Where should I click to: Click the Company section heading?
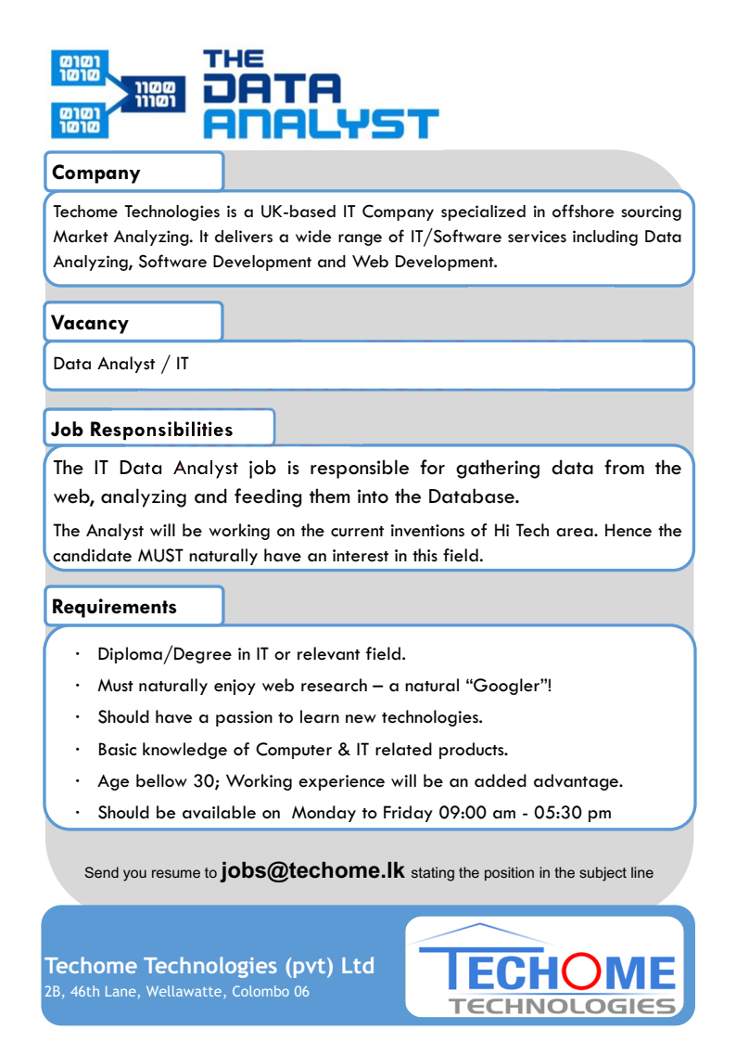pyautogui.click(x=96, y=173)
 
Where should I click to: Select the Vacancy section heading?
pyautogui.click(x=90, y=323)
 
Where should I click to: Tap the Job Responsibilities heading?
pyautogui.click(x=142, y=430)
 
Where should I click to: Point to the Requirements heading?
pyautogui.click(x=114, y=608)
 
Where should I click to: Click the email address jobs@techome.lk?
pyautogui.click(x=313, y=871)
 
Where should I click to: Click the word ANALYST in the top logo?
pyautogui.click(x=320, y=122)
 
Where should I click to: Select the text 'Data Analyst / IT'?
pyautogui.click(x=121, y=364)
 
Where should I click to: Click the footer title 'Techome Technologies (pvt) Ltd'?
pyautogui.click(x=209, y=966)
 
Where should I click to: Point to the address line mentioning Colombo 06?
pyautogui.click(x=177, y=992)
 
